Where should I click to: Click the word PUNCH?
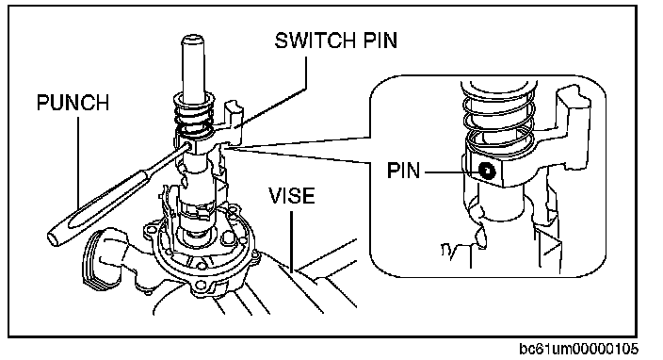(x=73, y=103)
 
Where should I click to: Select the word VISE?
(x=292, y=196)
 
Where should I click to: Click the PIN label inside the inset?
(x=403, y=171)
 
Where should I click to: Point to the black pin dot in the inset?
(x=487, y=171)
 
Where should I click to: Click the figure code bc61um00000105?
(x=579, y=349)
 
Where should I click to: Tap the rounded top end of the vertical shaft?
(x=192, y=41)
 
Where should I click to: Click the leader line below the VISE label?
(x=292, y=241)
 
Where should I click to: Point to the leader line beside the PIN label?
(x=451, y=172)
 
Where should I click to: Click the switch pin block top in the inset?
(x=574, y=98)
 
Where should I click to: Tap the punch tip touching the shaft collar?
(x=187, y=147)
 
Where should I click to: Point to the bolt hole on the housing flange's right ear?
(x=254, y=254)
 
